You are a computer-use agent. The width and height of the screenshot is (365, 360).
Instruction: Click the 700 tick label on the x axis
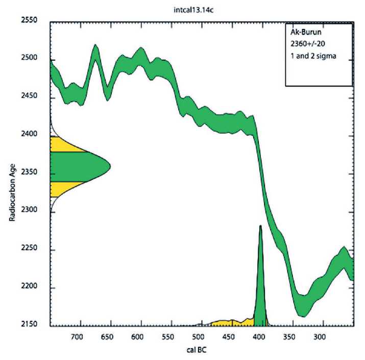tap(77, 337)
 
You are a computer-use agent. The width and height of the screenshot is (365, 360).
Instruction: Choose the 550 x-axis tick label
tap(167, 337)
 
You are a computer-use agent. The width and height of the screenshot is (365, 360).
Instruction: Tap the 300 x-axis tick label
tap(320, 337)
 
